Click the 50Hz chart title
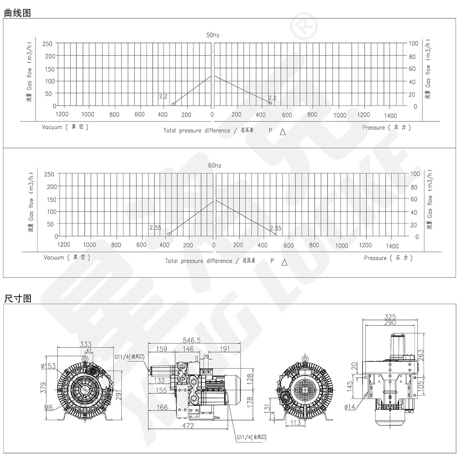coord(213,35)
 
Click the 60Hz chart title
coord(214,165)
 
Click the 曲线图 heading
coord(18,13)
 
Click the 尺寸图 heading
coord(18,298)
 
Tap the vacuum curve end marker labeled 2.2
coord(173,104)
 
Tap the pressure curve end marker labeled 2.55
coord(275,234)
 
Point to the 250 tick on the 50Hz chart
coord(48,44)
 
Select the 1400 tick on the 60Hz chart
coord(392,246)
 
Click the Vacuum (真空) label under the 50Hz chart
coord(65,127)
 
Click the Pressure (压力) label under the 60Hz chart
coord(388,258)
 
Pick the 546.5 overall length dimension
coord(192,340)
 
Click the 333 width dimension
coord(86,344)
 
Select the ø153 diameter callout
coord(48,366)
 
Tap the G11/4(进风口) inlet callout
coord(129,356)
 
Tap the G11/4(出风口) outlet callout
coord(252,437)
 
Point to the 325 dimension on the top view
coord(390,317)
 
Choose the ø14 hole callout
coord(350,406)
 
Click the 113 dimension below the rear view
coord(295,422)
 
